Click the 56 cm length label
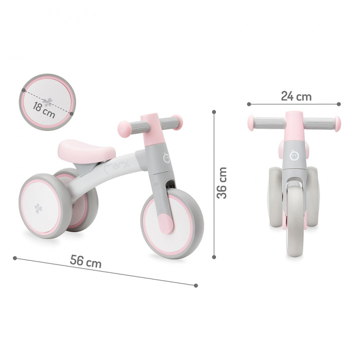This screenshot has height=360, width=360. (x=85, y=261)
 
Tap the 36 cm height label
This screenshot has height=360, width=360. (x=222, y=183)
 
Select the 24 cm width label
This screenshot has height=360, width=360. (x=296, y=96)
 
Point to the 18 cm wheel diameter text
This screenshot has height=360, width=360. (x=44, y=110)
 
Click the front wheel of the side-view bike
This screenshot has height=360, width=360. (x=172, y=223)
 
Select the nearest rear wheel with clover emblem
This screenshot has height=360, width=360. (x=45, y=206)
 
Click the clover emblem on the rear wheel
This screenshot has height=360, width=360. (x=38, y=208)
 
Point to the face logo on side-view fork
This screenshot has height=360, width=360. (x=166, y=157)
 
